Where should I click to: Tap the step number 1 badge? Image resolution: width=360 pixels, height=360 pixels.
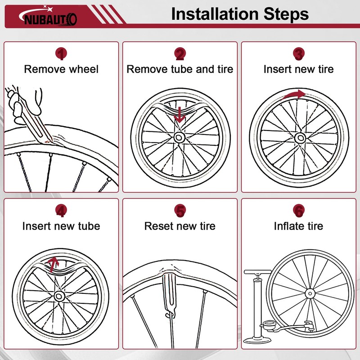pos(61,54)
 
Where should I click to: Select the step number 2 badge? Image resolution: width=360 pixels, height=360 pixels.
pos(180,54)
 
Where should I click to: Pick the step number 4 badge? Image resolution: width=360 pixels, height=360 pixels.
pos(61,210)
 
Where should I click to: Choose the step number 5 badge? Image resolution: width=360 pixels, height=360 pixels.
pos(180,210)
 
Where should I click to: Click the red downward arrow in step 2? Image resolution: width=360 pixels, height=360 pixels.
pos(180,115)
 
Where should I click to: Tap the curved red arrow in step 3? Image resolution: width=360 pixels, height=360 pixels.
pos(293,94)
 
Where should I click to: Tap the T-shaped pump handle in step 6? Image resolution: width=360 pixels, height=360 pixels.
pos(257,272)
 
